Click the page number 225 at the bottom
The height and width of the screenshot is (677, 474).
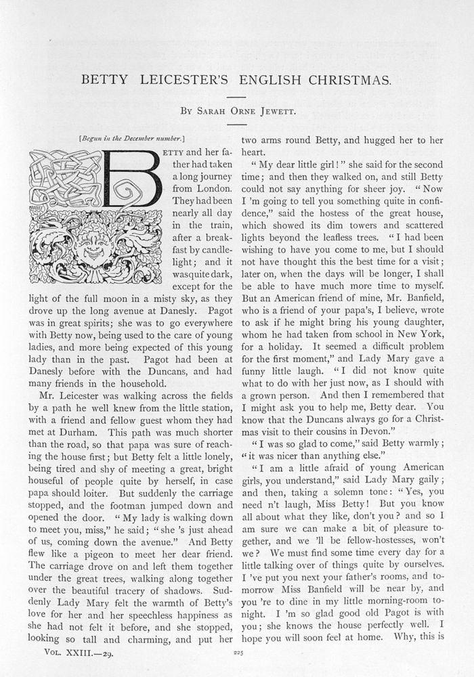pos(237,653)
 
